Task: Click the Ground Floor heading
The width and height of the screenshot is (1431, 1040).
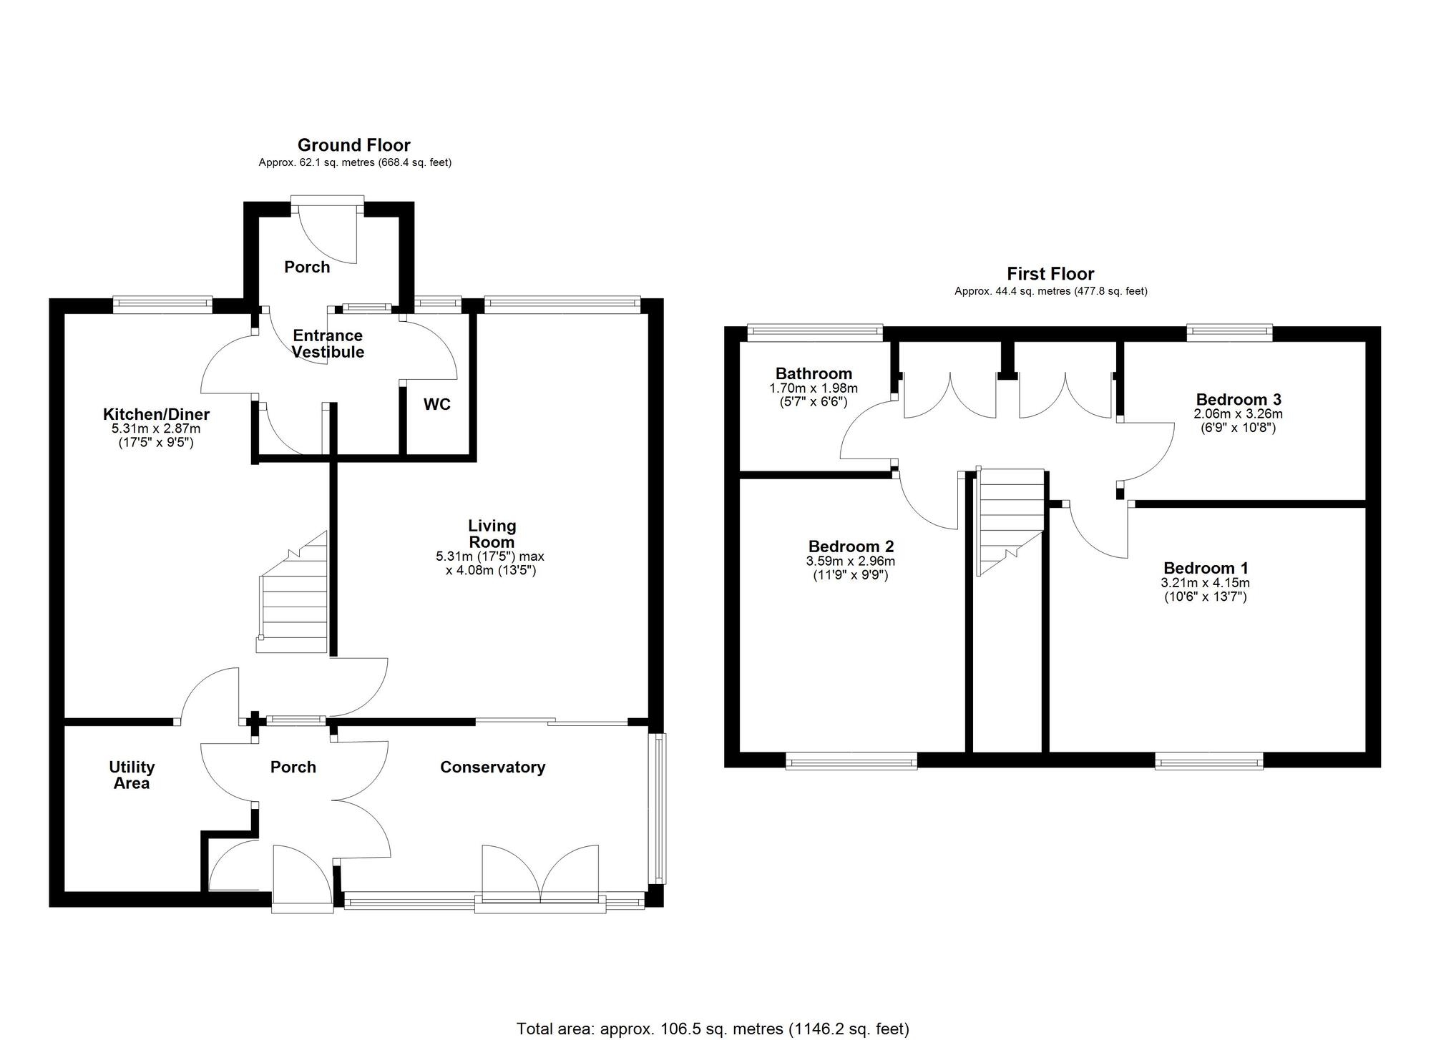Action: point(353,145)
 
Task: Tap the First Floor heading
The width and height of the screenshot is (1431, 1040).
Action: point(1050,274)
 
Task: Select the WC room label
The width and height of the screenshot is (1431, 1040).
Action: point(436,405)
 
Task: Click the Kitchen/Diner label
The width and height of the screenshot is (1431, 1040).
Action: point(156,414)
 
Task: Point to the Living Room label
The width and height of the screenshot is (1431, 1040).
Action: point(492,534)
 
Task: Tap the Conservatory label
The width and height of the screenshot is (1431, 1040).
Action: point(492,767)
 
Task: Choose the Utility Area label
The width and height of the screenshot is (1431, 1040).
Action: point(132,775)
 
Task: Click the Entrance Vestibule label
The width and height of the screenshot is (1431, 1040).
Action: point(328,344)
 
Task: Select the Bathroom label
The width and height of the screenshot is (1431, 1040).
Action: point(814,373)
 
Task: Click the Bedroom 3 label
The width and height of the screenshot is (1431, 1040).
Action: point(1238,399)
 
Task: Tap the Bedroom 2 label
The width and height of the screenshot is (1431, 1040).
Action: point(851,547)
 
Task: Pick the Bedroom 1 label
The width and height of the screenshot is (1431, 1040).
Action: point(1206,569)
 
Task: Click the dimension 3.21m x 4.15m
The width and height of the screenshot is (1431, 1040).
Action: point(1205,584)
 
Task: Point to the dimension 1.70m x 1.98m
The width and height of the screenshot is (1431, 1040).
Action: point(814,388)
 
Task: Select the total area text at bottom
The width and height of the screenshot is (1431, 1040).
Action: point(713,1029)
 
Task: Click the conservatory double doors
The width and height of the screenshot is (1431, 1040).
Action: point(540,876)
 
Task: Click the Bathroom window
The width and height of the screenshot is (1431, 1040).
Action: point(815,330)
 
